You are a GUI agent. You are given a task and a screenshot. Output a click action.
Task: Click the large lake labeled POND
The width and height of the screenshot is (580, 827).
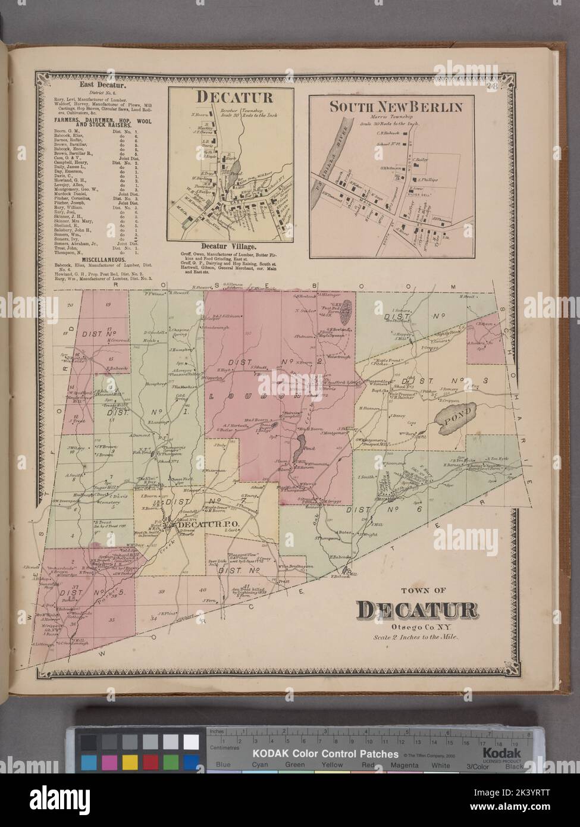click(454, 420)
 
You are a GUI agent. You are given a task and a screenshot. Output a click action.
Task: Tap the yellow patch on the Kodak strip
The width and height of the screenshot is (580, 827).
click(129, 763)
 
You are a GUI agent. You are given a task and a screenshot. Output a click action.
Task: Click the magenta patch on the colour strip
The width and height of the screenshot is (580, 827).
click(109, 763)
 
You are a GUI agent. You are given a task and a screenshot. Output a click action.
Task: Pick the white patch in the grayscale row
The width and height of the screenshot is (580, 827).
click(190, 742)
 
